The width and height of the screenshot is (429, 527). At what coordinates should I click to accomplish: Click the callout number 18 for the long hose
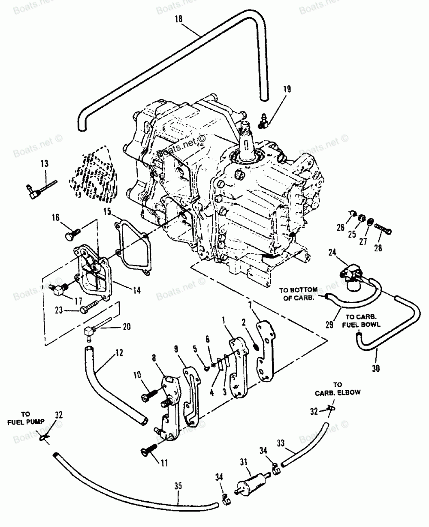(179, 19)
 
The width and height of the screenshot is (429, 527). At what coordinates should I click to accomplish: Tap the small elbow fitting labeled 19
(263, 121)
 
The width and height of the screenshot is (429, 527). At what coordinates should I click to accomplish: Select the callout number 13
(45, 163)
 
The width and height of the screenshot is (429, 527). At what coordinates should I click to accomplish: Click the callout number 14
(137, 290)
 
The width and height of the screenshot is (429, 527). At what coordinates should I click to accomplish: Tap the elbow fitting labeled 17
(58, 289)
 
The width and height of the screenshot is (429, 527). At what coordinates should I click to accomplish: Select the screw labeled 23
(91, 306)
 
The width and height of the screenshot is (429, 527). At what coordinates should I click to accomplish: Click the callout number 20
(127, 327)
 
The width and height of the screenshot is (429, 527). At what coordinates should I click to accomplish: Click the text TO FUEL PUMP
(26, 418)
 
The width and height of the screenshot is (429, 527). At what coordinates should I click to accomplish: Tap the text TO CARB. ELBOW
(338, 388)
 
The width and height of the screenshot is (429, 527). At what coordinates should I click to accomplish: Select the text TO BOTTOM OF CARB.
(299, 294)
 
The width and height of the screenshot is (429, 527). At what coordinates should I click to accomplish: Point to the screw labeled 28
(383, 229)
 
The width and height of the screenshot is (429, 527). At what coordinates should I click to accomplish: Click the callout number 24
(332, 253)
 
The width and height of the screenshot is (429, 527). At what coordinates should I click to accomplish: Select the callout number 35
(178, 486)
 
